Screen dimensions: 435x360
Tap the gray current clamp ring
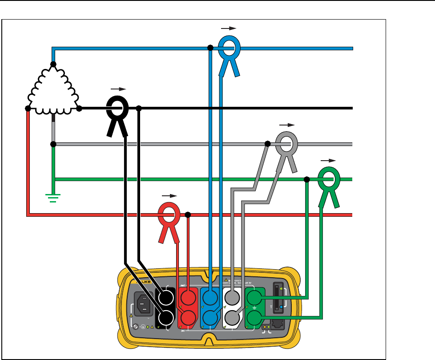tap(286, 144)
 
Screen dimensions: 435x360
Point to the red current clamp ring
tap(169, 214)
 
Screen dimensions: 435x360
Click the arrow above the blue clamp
tap(229, 28)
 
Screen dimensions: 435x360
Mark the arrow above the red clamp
tap(169, 195)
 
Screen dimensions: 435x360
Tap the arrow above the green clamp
tap(328, 160)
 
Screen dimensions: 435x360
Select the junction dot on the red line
tap(188, 215)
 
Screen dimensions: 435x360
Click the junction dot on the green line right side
tap(307, 179)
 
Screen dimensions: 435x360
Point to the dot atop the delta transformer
tap(53, 65)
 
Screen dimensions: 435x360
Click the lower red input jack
tap(188, 317)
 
